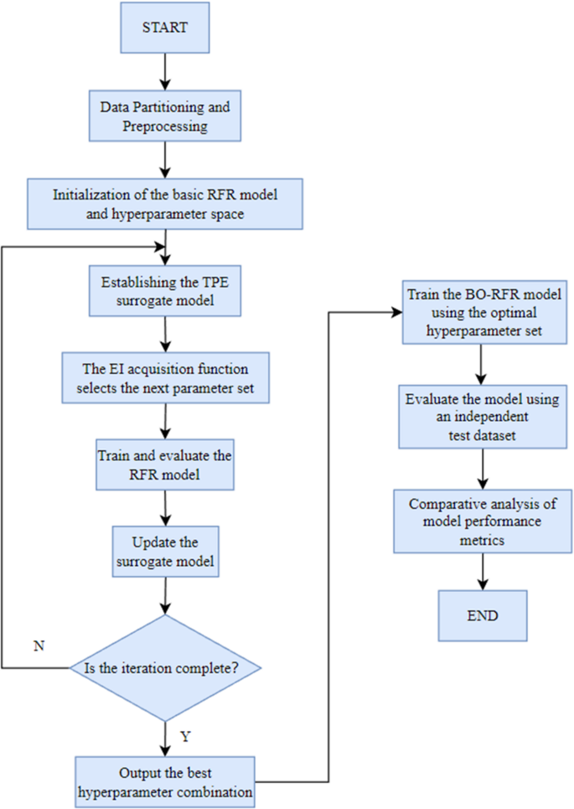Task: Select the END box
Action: pyautogui.click(x=481, y=615)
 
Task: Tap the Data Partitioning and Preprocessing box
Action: pyautogui.click(x=166, y=117)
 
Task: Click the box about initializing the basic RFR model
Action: pyautogui.click(x=166, y=203)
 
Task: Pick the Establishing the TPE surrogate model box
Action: pyautogui.click(x=166, y=290)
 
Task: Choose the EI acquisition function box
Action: pyautogui.click(x=166, y=376)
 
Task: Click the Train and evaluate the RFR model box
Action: pyautogui.click(x=166, y=467)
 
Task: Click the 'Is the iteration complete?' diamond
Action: pyautogui.click(x=166, y=668)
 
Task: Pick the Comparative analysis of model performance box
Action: pyautogui.click(x=481, y=522)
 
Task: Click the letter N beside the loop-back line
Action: pyautogui.click(x=38, y=646)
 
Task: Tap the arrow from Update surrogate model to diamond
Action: pyautogui.click(x=166, y=596)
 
